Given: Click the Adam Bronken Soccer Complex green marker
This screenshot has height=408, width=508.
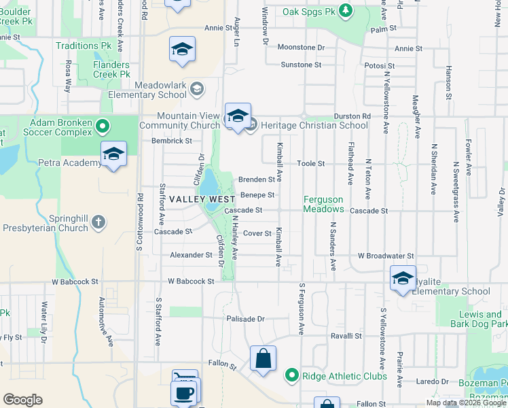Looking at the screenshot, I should click(103, 126).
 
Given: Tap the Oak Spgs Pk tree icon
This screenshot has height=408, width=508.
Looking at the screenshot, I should click(346, 11).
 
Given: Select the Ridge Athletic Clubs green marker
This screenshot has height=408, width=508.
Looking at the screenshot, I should click(292, 375).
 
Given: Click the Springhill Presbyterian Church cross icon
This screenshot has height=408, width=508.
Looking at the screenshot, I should click(98, 222).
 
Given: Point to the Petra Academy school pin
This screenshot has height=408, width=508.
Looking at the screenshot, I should click(113, 156).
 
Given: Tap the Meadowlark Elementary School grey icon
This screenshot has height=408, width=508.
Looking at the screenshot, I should click(197, 88).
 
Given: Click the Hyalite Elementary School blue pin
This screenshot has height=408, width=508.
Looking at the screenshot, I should click(403, 279).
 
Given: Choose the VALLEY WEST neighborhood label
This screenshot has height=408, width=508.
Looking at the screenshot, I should click(202, 199).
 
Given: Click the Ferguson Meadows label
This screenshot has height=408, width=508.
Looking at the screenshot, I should click(324, 204).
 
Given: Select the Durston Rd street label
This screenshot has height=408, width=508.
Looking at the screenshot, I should click(352, 116).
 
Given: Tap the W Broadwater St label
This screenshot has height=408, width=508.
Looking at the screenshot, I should click(386, 256).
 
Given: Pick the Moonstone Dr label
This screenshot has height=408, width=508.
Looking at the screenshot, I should click(302, 48).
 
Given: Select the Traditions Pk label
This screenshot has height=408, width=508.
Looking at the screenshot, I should click(84, 46).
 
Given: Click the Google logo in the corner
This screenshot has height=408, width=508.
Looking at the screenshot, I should click(22, 400).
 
